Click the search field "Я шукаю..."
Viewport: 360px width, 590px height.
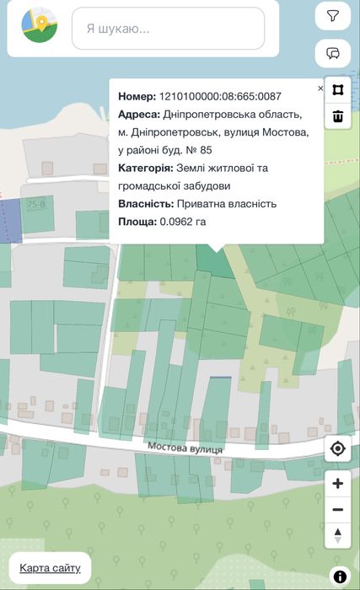[168, 29]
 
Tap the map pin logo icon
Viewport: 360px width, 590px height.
[39, 25]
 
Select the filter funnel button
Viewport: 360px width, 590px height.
[333, 16]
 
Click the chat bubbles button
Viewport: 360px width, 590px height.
[333, 53]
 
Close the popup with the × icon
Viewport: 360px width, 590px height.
[320, 88]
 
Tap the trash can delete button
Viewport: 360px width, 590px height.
[337, 116]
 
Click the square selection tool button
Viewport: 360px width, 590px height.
[337, 90]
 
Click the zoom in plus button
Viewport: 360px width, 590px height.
[338, 484]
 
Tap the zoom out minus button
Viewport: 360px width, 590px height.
[338, 510]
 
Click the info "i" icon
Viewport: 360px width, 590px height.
[341, 577]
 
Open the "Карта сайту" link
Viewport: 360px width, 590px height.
[50, 567]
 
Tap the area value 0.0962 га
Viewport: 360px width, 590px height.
[183, 222]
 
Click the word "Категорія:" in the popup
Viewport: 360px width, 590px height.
[146, 169]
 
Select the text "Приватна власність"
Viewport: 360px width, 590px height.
[227, 204]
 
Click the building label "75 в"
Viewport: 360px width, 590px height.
[36, 205]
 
